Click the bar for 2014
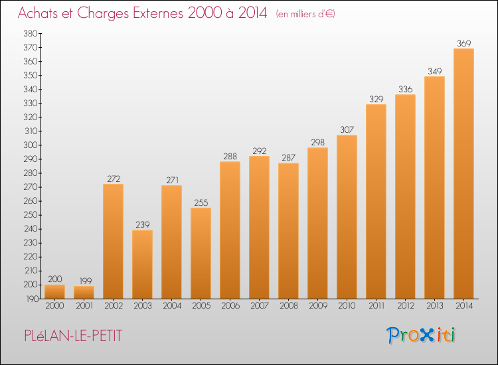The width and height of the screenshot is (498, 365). point(463,173)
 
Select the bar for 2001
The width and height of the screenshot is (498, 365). point(84,292)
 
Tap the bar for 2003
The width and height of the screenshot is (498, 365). point(142,264)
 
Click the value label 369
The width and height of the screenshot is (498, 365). point(463,43)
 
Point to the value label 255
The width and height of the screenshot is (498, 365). point(201,202)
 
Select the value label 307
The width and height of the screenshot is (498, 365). point(347,129)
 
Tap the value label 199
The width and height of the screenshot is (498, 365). point(84,281)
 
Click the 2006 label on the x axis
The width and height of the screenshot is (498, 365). point(230,305)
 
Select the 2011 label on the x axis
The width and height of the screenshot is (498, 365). point(376,305)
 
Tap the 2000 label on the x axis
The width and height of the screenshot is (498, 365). point(54,305)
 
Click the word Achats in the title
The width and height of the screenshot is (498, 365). point(39,14)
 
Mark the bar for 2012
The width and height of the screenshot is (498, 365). point(405,196)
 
